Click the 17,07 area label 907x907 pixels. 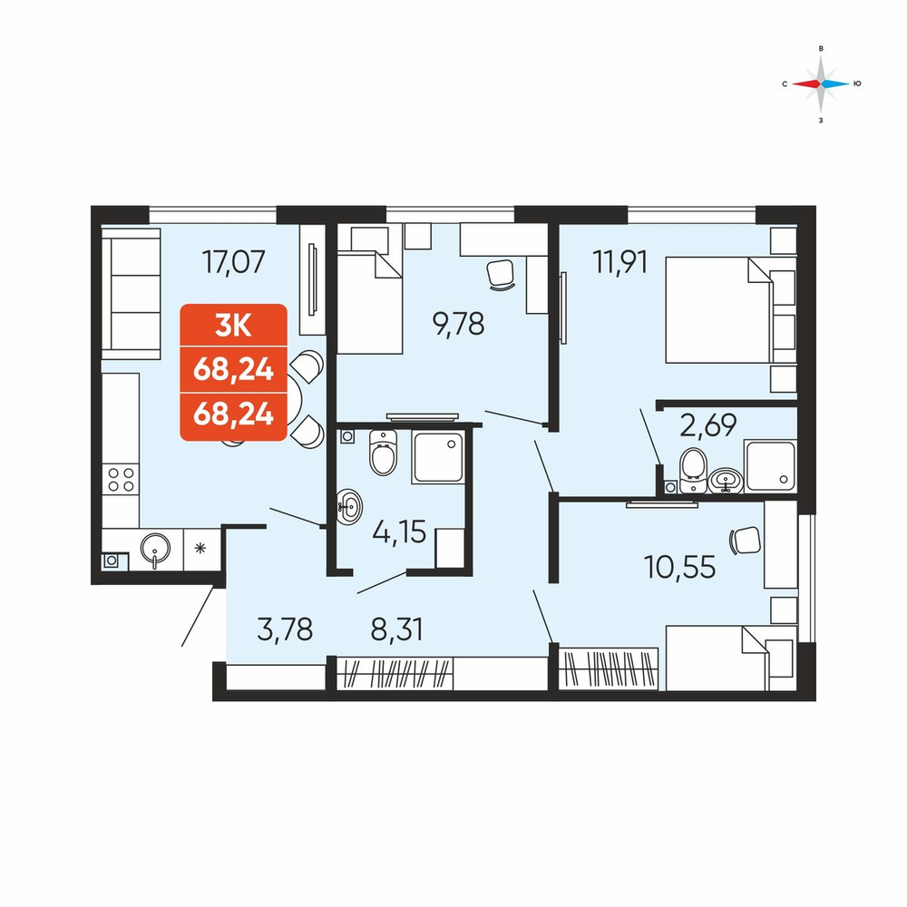[234, 261]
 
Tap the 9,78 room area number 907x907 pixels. [458, 324]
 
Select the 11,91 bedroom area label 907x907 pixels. [620, 261]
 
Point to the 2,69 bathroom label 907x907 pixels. [708, 425]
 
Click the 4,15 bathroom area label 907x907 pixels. [399, 532]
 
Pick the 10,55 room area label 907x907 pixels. [679, 567]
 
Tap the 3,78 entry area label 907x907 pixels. [285, 629]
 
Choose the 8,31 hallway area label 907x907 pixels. [397, 629]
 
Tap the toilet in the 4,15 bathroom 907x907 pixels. [383, 453]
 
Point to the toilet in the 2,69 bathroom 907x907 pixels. [694, 470]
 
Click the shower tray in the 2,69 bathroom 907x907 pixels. [771, 466]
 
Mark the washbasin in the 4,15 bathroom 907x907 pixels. [349, 507]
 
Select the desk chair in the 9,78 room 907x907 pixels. [501, 274]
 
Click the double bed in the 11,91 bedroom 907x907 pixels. [718, 310]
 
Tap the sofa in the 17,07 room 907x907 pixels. [132, 293]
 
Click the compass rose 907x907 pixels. [820, 83]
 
